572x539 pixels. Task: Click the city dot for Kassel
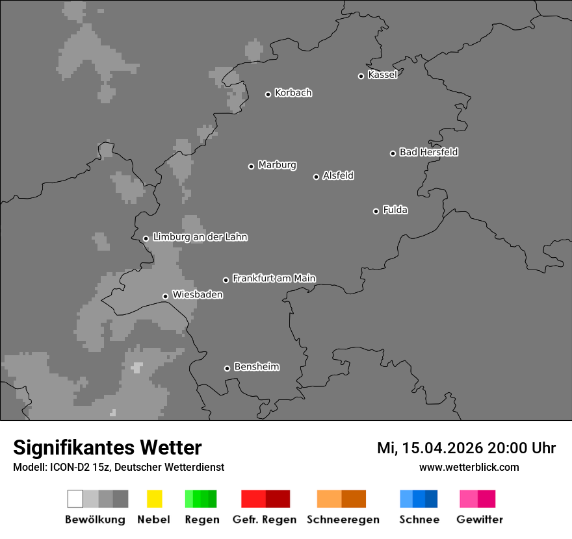(361, 76)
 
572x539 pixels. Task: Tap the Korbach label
(293, 93)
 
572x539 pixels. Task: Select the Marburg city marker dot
(251, 166)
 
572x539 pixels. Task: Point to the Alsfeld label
(338, 175)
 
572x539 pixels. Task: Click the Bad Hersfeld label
(428, 152)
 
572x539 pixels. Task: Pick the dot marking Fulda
(376, 211)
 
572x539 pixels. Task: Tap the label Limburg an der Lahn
(200, 237)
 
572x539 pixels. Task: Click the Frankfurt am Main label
(274, 278)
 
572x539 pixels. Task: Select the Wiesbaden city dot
(165, 296)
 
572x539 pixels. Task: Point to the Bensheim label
(256, 367)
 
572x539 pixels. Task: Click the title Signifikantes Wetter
(107, 447)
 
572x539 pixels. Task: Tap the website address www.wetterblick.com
(469, 467)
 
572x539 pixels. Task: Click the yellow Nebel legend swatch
(154, 499)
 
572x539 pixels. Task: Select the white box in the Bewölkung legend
(75, 499)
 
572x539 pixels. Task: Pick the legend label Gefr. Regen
(265, 520)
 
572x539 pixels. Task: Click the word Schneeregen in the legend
(343, 520)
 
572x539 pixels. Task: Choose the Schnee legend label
(419, 520)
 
